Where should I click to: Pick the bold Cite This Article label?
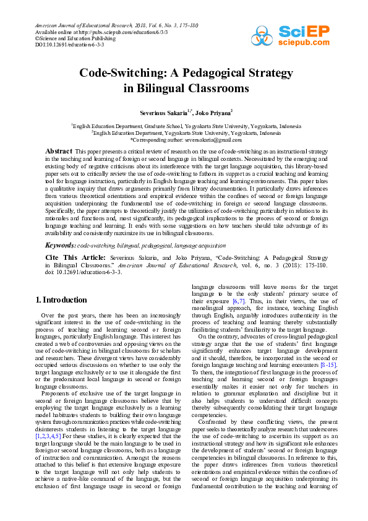tap(74, 257)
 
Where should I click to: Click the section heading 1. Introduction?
tap(61, 300)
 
